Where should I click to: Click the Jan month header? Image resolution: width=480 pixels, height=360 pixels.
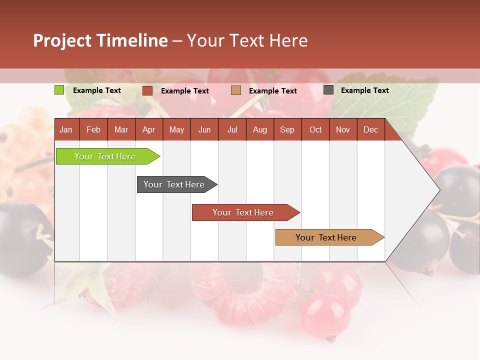point(66,130)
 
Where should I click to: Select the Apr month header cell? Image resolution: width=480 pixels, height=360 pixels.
point(149,130)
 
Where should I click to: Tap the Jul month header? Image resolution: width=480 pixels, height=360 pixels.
point(232,130)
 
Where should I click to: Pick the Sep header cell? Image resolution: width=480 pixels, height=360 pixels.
point(287,130)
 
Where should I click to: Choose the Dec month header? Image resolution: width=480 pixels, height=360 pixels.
point(370,130)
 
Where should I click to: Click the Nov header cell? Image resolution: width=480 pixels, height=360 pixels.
point(343,130)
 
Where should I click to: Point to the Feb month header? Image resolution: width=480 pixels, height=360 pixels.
point(93,130)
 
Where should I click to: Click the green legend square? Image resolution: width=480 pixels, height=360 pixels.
point(59,90)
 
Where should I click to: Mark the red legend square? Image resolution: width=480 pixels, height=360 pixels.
point(147,90)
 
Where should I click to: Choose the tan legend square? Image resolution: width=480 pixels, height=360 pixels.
point(236,90)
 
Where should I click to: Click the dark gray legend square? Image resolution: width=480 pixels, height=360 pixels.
point(328,90)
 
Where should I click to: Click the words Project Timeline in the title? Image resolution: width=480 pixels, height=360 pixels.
point(100,40)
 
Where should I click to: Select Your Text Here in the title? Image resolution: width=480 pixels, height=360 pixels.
point(247,40)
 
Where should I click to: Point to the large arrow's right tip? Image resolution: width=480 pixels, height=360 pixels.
point(438,190)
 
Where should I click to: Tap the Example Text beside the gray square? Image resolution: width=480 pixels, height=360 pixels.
point(364,90)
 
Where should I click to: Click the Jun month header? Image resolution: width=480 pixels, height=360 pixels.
point(204,130)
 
